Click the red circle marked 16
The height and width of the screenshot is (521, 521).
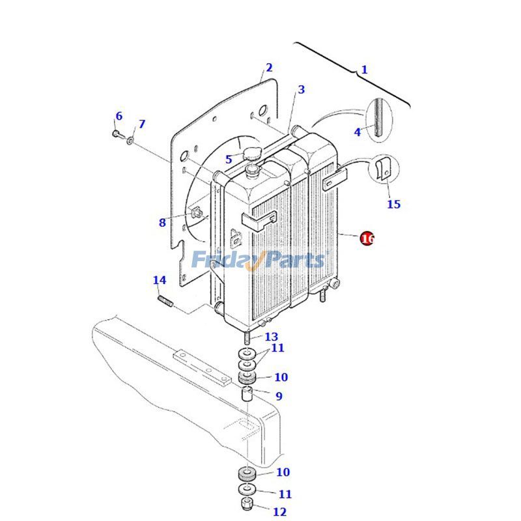tap(367, 238)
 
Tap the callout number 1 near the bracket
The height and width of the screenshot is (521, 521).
tap(364, 70)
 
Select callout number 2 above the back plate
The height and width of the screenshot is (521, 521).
tap(269, 68)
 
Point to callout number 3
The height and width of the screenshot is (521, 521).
tap(301, 89)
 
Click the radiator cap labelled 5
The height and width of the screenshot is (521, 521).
tap(252, 154)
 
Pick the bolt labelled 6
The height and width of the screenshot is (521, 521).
tap(117, 134)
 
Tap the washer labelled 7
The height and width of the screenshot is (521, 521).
tap(130, 141)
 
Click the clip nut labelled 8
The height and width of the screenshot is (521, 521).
tap(196, 212)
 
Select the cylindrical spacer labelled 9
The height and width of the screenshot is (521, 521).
tap(247, 395)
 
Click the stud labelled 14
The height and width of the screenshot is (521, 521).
tap(165, 302)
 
